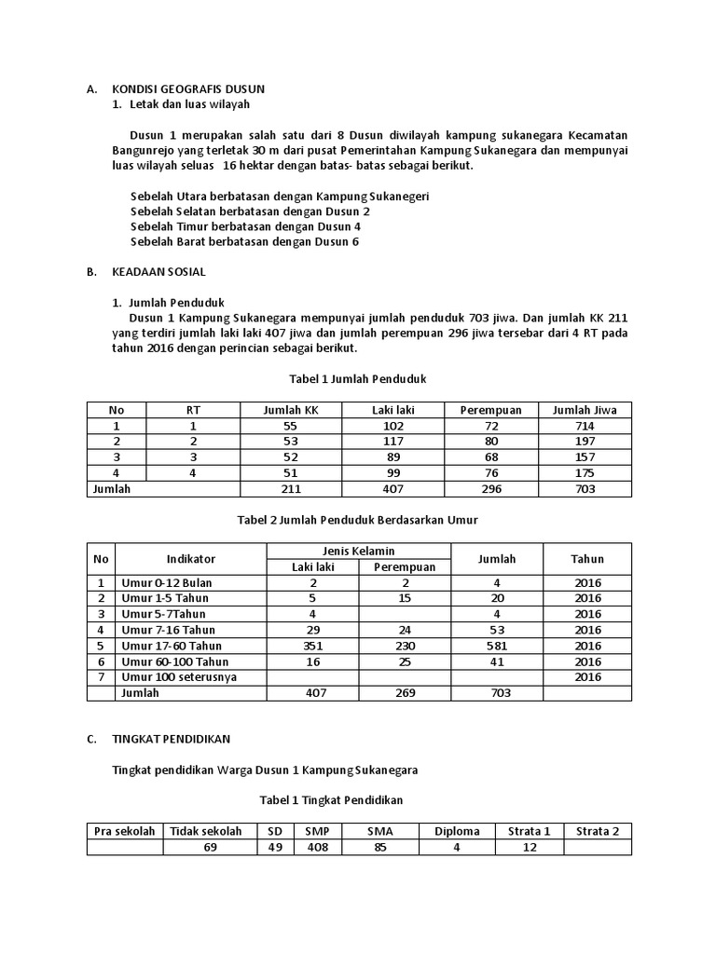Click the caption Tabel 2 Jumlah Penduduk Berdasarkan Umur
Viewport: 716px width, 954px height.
point(360,519)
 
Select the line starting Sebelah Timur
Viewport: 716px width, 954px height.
point(245,226)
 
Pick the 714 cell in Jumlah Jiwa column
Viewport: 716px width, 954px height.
point(585,425)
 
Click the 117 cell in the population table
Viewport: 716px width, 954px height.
point(392,441)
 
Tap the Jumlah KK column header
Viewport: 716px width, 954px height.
point(291,410)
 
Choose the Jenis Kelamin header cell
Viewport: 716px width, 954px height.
point(358,551)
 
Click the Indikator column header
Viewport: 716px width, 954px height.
point(190,559)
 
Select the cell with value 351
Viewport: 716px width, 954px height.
point(312,646)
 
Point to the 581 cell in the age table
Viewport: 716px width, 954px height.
point(496,646)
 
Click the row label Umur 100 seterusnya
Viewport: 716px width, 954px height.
point(178,677)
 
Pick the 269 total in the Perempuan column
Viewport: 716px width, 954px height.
point(404,693)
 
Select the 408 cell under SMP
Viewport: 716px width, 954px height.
point(317,848)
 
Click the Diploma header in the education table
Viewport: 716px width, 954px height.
point(457,832)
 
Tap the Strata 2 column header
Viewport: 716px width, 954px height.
point(598,832)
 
